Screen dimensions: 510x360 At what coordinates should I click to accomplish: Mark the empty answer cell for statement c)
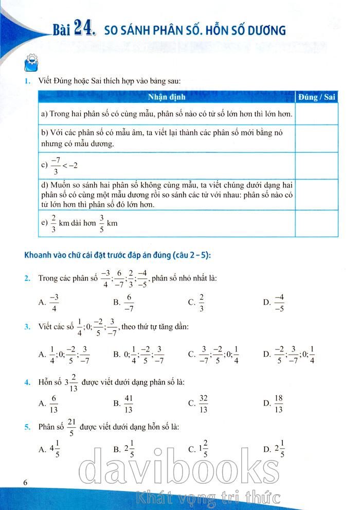pos(317,166)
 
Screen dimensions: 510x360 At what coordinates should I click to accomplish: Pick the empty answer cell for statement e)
pos(317,223)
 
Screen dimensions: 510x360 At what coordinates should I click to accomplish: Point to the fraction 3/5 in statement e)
pos(102,223)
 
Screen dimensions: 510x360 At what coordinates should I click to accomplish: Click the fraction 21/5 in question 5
pos(71,427)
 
